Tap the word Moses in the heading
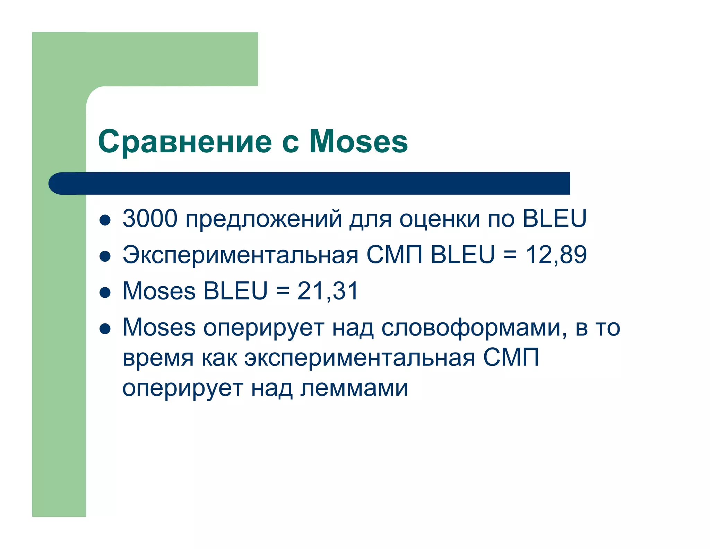coord(358,142)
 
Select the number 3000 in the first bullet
coord(150,219)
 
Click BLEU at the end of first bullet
coord(554,219)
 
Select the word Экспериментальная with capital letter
coord(240,255)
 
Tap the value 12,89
coord(556,255)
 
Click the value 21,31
coord(328,291)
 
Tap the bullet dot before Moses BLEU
coord(105,292)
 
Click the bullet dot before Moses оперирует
coord(105,329)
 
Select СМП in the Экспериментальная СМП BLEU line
coord(394,255)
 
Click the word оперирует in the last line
coord(182,389)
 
